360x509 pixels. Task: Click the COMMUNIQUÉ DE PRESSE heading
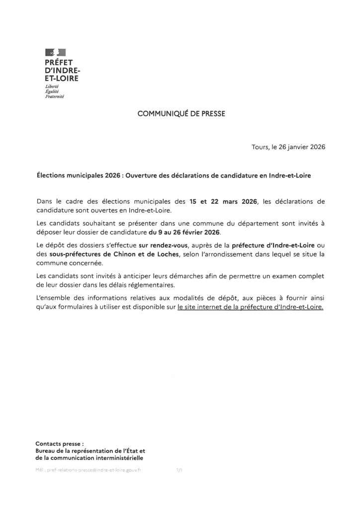(181, 113)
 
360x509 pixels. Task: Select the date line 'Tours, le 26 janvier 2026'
(288, 148)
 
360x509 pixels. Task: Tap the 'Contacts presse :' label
(60, 443)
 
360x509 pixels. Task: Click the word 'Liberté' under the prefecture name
(52, 87)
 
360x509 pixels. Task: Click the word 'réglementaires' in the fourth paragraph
(180, 284)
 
